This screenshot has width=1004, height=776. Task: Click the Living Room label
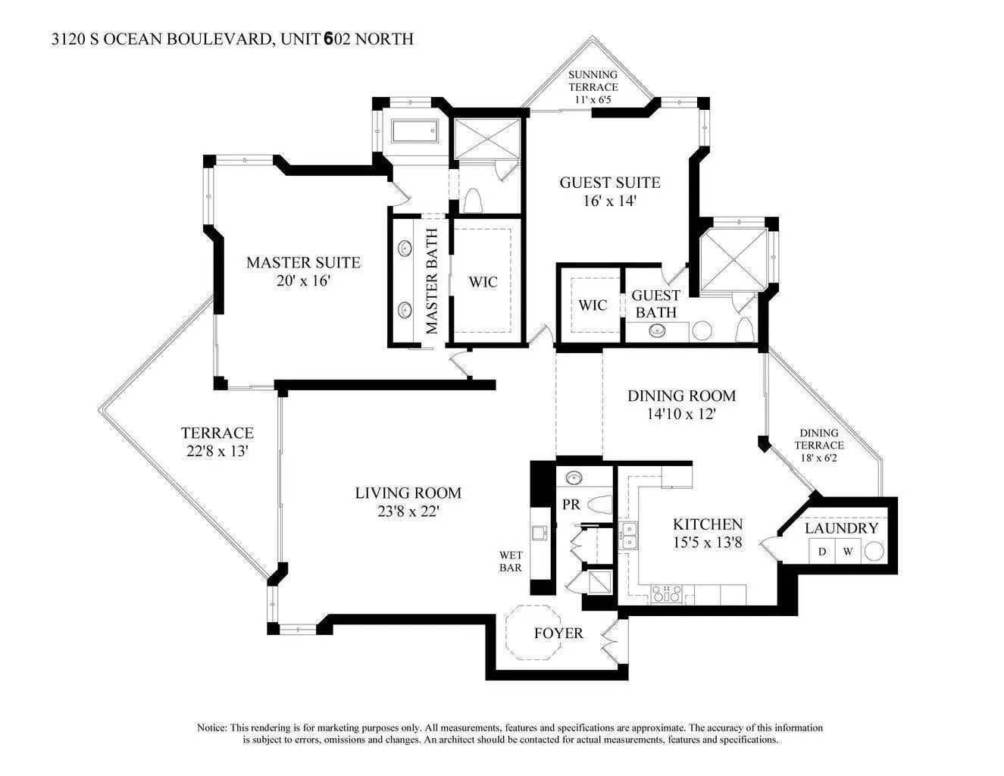408,493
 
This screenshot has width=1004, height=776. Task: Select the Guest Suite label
610,183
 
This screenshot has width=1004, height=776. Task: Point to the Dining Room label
681,396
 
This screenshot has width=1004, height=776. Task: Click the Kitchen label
708,524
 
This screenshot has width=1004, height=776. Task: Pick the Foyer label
558,634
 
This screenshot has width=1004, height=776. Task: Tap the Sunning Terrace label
593,81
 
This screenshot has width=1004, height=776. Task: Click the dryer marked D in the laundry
822,552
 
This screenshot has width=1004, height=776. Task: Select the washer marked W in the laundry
848,552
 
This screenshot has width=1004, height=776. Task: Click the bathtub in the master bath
414,132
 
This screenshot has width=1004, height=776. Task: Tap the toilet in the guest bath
744,330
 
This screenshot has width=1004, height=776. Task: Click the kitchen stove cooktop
666,594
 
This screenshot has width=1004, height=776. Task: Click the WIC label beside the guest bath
593,305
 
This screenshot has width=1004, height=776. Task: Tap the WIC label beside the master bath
483,282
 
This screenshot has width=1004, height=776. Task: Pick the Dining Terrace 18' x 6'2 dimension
818,458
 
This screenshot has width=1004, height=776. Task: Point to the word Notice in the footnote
212,728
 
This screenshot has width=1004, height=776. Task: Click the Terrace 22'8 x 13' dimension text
217,451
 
